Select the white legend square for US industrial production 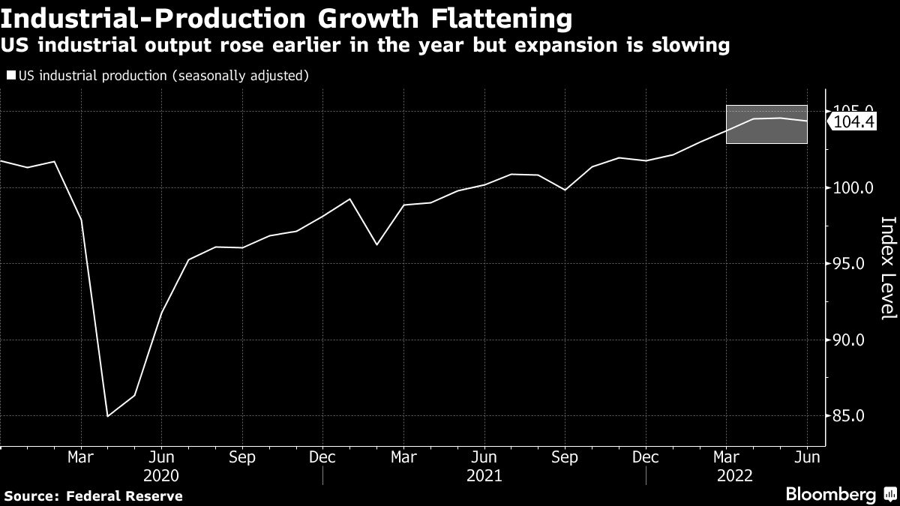[10, 76]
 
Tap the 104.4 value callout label [855, 121]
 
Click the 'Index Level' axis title [887, 268]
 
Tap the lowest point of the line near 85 [108, 416]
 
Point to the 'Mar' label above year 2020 [81, 457]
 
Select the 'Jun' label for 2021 [484, 457]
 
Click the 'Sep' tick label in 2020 [241, 457]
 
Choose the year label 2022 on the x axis [736, 475]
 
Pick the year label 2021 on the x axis [484, 475]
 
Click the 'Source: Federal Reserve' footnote [93, 496]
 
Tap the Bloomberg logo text [830, 495]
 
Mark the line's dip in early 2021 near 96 [376, 244]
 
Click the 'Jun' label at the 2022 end [807, 457]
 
